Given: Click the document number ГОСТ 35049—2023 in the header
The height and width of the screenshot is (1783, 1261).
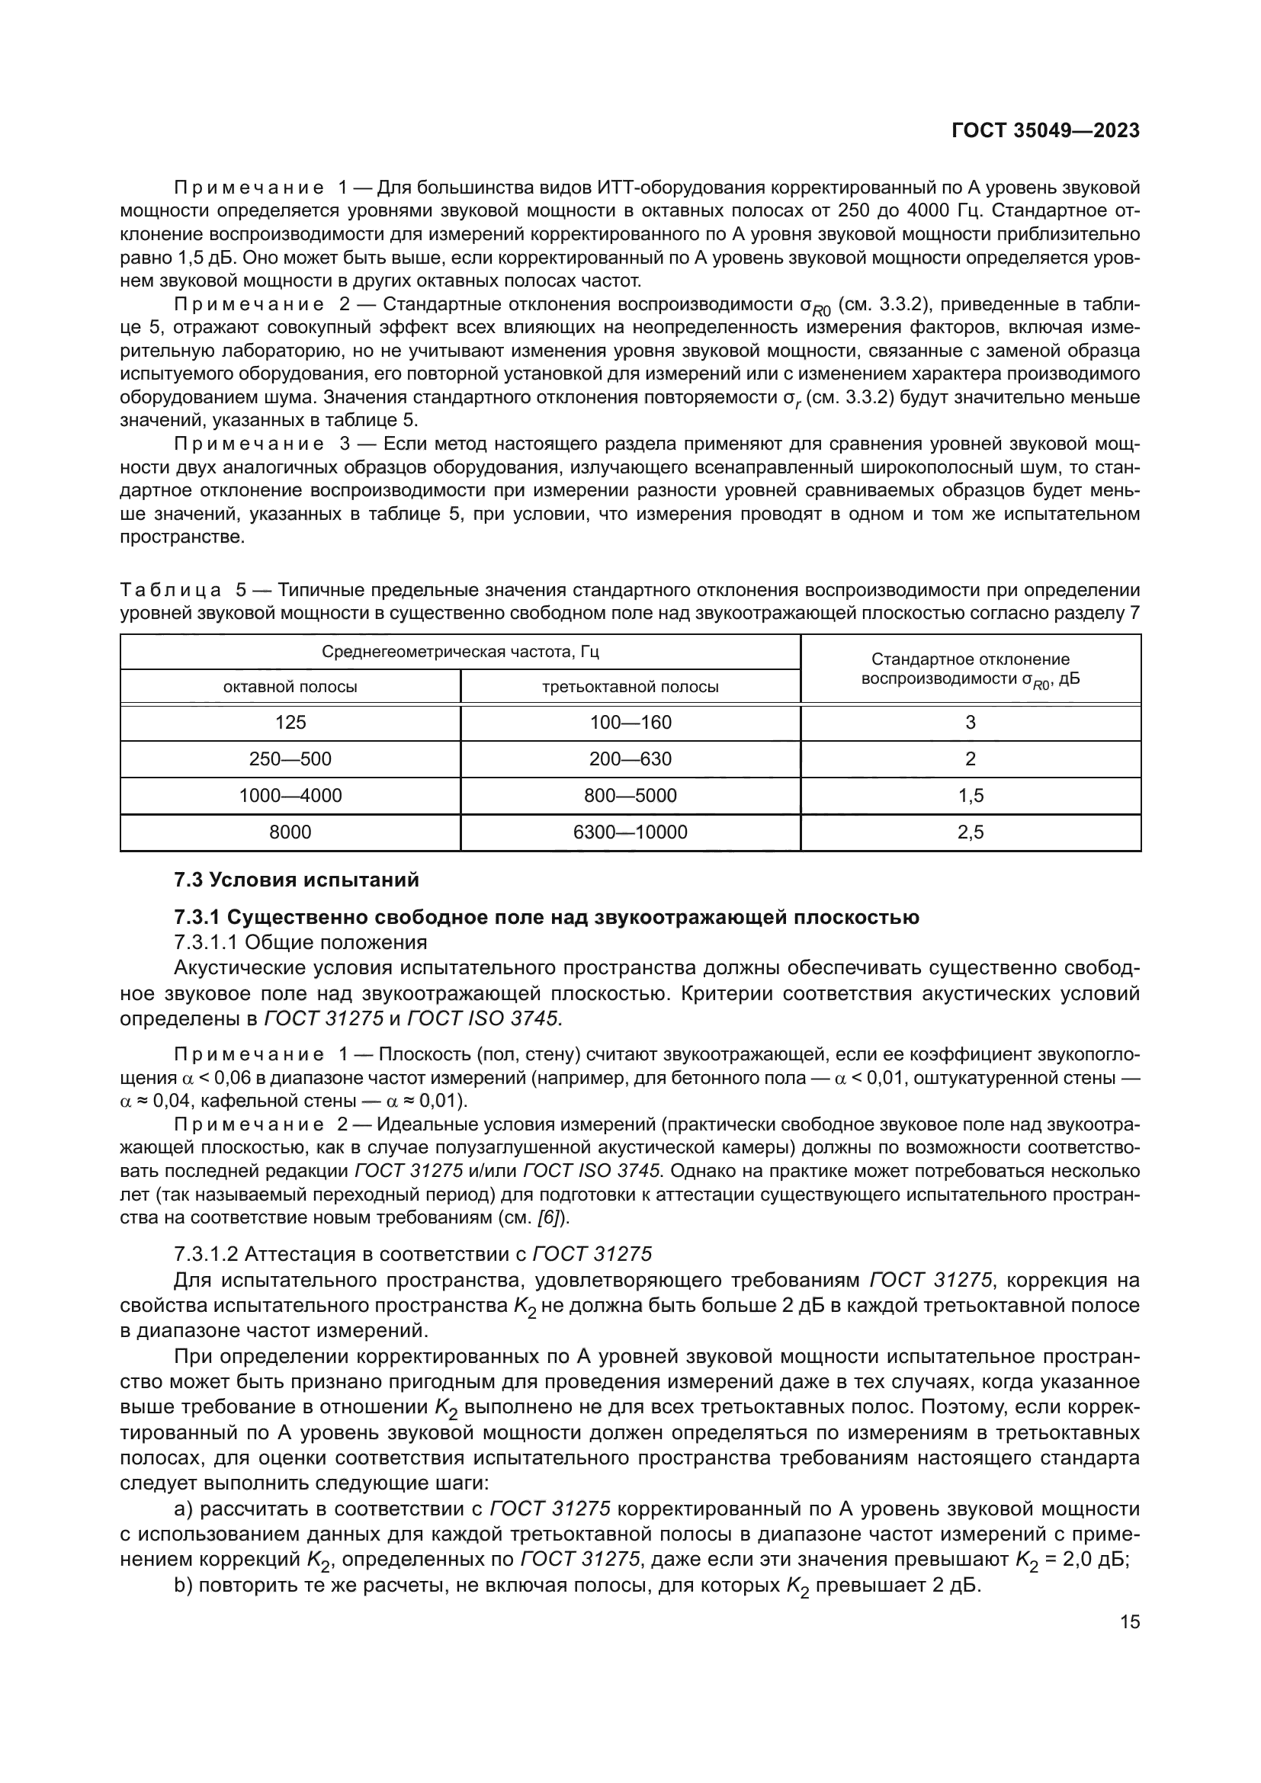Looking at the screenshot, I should [x=1045, y=130].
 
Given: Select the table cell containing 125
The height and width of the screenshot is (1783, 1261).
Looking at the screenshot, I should [x=290, y=722].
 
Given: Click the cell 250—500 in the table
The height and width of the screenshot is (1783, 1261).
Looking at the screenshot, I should [x=290, y=758].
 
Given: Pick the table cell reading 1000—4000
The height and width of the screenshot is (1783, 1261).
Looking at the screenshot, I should [x=290, y=795].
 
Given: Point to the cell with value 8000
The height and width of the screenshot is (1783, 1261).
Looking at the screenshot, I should [x=290, y=832].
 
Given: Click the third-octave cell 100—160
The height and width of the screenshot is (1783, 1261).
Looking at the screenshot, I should [x=630, y=722].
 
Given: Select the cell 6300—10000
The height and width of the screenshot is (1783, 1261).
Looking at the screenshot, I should [x=630, y=832].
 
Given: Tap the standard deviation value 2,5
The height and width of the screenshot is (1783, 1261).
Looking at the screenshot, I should [x=971, y=832].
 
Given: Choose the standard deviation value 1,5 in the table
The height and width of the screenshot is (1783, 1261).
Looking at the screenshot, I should [x=971, y=795].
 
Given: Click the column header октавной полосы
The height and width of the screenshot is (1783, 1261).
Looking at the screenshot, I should [x=290, y=687].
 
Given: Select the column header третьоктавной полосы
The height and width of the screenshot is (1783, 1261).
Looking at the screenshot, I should [x=630, y=687].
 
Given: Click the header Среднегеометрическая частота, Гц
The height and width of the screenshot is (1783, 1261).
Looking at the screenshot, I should [x=460, y=652].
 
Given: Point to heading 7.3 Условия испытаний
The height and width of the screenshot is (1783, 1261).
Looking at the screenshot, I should [x=297, y=880].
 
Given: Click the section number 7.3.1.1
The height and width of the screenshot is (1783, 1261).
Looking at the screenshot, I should [x=206, y=943].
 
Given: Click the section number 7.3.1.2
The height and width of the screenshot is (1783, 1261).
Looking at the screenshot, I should [x=206, y=1254].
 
